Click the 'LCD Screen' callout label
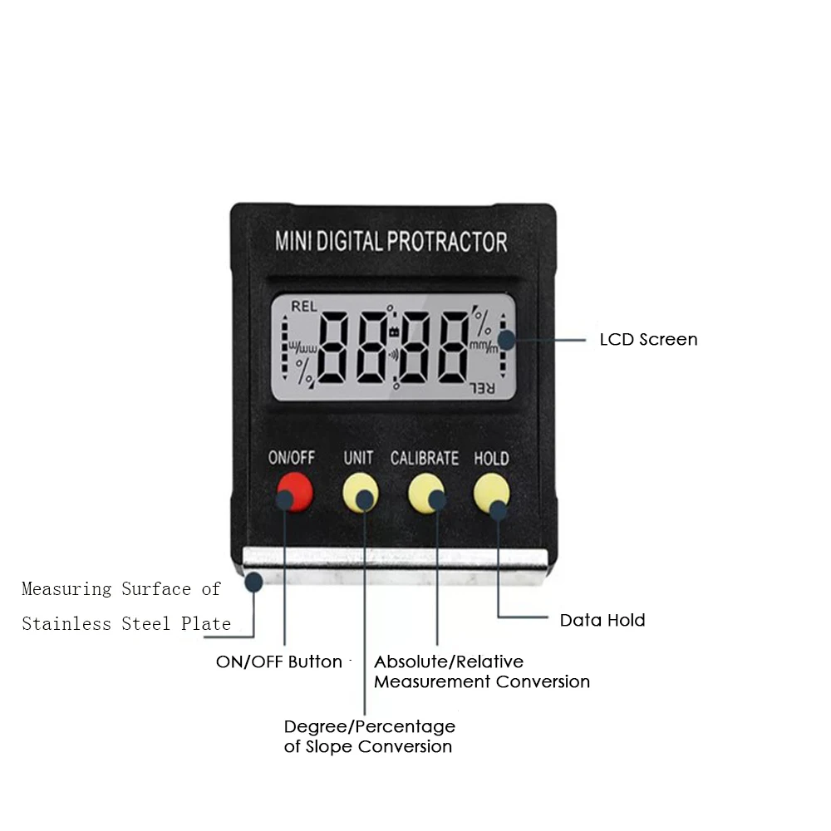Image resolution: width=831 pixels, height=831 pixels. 648,339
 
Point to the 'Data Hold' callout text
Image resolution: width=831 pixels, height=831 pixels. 602,620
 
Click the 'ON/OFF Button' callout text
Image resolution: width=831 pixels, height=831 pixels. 278,662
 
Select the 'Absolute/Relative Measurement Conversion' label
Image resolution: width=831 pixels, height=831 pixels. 481,671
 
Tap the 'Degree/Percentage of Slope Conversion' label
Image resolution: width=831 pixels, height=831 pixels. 369,736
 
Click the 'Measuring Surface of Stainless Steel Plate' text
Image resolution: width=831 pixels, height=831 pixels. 125,606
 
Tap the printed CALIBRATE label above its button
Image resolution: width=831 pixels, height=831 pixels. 425,458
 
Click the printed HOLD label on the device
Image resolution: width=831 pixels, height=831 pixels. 491,458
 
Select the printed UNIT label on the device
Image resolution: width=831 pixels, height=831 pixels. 359,458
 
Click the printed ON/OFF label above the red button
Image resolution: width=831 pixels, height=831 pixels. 292,458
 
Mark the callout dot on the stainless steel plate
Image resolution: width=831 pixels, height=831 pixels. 253,583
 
